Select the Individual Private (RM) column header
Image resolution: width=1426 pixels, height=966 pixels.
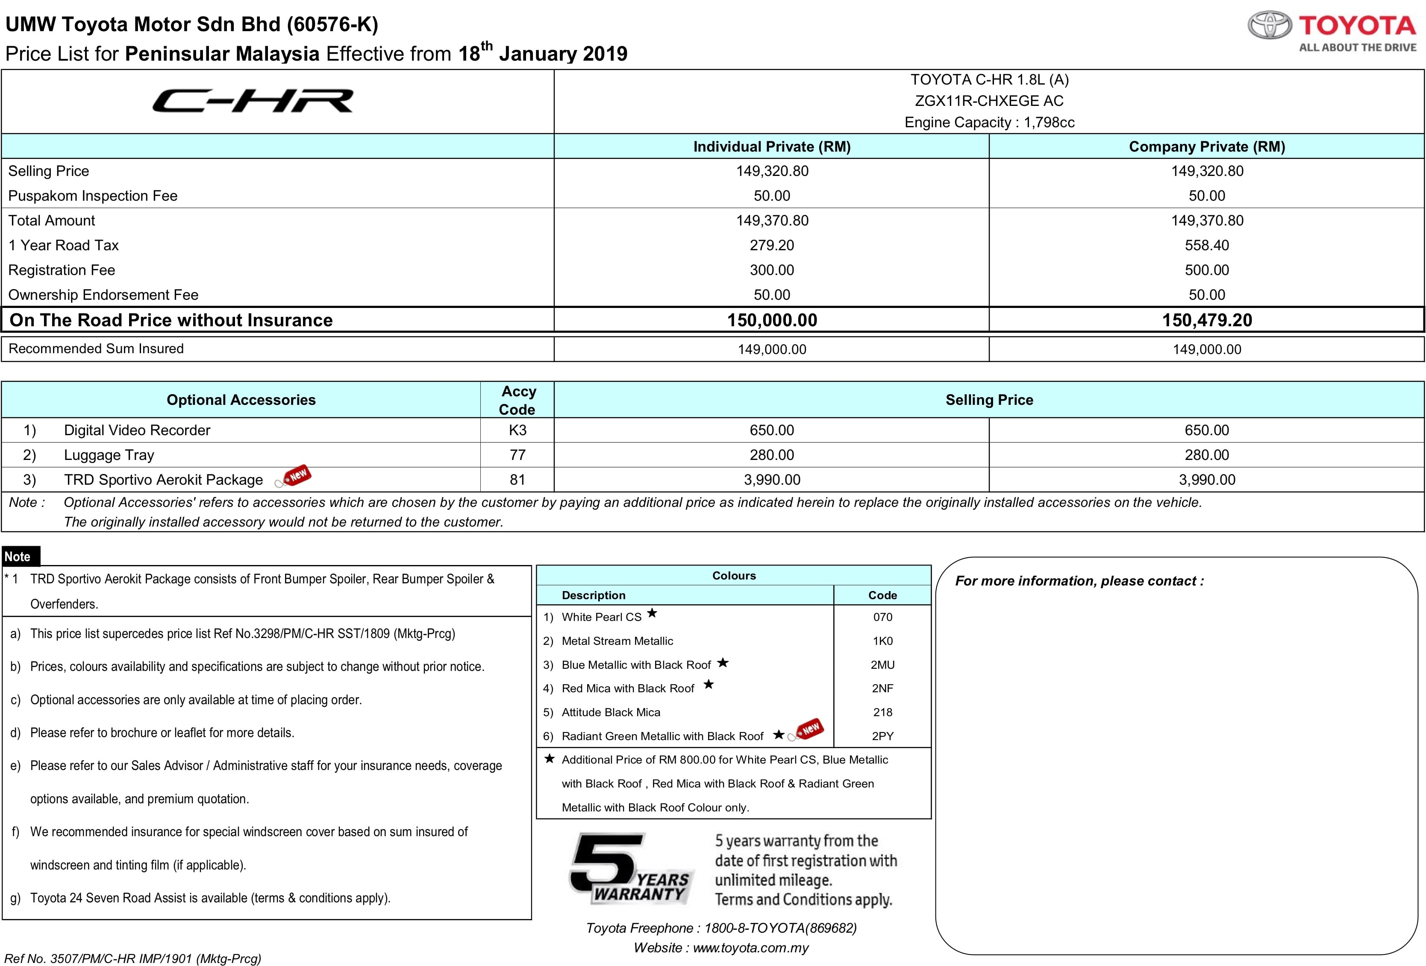pyautogui.click(x=771, y=146)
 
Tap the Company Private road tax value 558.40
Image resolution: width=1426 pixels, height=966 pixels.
pyautogui.click(x=1206, y=245)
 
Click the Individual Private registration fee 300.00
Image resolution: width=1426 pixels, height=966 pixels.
pyautogui.click(x=771, y=270)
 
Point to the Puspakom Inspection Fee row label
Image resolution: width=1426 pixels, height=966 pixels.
pyautogui.click(x=93, y=196)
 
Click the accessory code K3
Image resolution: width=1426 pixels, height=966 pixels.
pyautogui.click(x=517, y=430)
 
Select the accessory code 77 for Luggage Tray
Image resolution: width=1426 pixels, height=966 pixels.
pyautogui.click(x=517, y=455)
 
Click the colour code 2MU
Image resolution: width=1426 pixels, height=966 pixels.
pyautogui.click(x=882, y=665)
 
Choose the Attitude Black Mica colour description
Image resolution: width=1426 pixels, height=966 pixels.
pyautogui.click(x=611, y=712)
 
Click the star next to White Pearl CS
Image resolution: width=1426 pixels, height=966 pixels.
pyautogui.click(x=652, y=613)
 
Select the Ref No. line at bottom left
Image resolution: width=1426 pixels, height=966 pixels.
pyautogui.click(x=132, y=958)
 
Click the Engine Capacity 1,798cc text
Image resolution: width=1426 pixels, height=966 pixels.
pyautogui.click(x=989, y=123)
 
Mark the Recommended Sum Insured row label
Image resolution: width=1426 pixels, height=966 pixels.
pyautogui.click(x=96, y=348)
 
